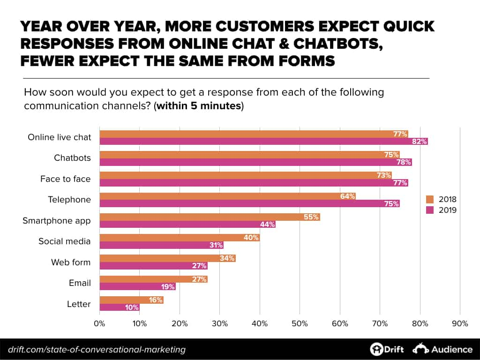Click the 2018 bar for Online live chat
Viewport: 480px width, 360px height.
(253, 134)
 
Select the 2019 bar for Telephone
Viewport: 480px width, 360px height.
(249, 203)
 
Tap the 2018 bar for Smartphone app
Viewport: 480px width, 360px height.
(210, 217)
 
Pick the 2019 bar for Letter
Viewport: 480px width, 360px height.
(120, 307)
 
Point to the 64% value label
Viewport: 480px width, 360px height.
(347, 196)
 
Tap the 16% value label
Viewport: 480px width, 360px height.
(156, 300)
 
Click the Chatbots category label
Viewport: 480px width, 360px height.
(72, 158)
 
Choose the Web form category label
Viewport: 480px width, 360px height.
(71, 262)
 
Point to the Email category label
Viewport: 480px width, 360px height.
(79, 283)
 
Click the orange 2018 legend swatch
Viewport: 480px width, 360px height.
(429, 199)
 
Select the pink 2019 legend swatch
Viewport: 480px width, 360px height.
(429, 210)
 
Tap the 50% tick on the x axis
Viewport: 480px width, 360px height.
(300, 323)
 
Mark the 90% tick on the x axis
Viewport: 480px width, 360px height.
(460, 323)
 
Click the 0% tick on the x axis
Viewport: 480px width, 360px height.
(99, 323)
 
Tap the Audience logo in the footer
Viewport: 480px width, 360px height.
(443, 349)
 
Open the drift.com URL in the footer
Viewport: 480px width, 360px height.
(97, 350)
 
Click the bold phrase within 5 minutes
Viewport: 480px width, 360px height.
(200, 105)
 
